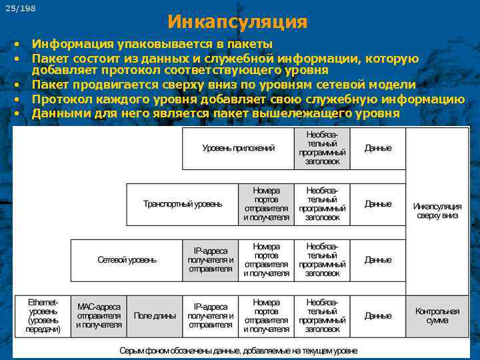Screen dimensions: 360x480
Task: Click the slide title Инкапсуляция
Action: (237, 22)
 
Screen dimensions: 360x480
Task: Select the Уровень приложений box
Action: (238, 148)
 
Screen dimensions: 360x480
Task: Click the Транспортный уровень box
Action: (183, 204)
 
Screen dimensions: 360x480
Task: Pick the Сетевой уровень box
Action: (127, 259)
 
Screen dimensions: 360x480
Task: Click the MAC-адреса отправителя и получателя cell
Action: (99, 315)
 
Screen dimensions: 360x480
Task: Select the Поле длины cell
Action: (155, 315)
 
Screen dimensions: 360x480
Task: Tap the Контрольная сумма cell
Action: (437, 315)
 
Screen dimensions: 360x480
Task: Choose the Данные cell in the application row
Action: (378, 148)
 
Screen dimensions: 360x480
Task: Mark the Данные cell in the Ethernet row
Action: (378, 315)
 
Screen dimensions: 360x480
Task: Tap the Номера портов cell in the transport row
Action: (267, 204)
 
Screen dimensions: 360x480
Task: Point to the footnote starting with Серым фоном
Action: (238, 350)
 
